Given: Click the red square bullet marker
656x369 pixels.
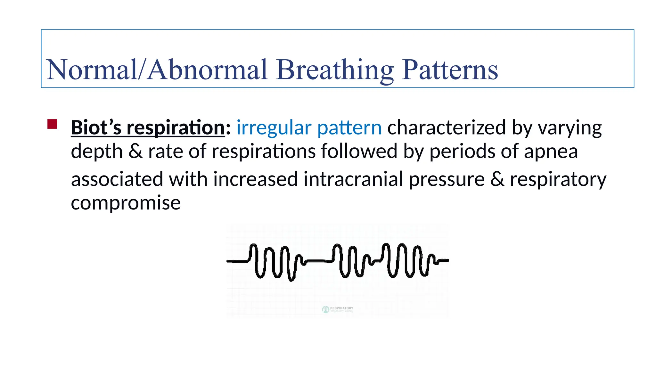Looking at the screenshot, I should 52,124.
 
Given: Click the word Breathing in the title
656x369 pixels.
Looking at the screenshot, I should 335,70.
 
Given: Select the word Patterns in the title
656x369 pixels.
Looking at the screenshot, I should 450,70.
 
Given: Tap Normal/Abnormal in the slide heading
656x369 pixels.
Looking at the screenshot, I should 157,70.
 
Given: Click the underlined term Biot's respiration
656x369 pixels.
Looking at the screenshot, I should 148,127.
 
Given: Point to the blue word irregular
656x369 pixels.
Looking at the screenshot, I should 274,127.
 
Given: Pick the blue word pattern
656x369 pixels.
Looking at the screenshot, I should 349,127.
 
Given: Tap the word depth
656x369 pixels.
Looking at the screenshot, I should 97,151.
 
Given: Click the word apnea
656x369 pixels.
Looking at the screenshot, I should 551,152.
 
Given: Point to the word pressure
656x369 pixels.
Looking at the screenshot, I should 447,179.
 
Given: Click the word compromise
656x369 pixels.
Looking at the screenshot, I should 126,203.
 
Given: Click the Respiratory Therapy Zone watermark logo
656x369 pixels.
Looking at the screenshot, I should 337,309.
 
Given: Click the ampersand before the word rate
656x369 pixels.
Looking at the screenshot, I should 135,151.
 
